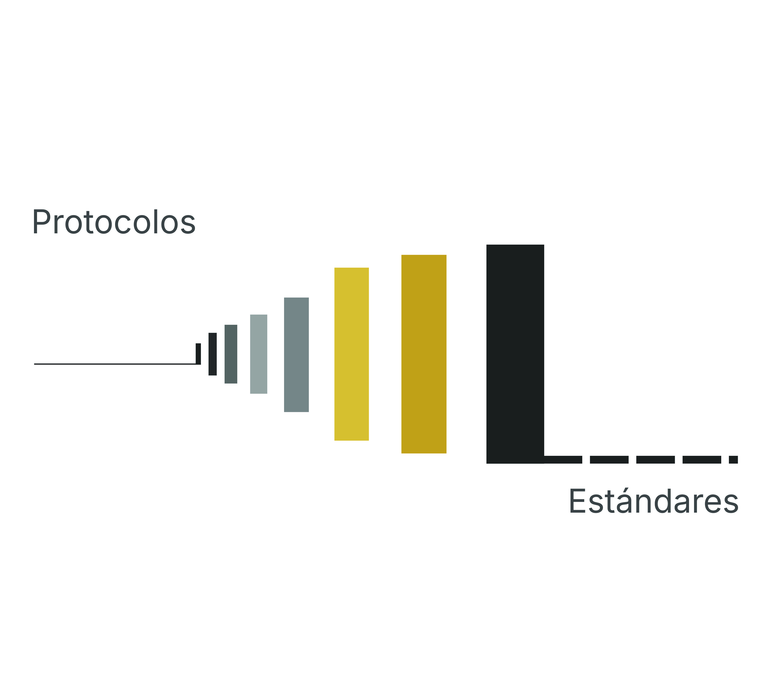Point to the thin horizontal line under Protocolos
click(x=115, y=364)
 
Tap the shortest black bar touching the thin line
click(x=198, y=354)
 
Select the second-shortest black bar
click(x=213, y=354)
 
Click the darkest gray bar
click(x=231, y=354)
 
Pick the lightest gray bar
click(x=259, y=354)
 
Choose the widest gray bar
click(x=296, y=355)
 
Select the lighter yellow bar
click(x=351, y=354)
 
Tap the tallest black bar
click(x=515, y=354)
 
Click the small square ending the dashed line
click(x=733, y=459)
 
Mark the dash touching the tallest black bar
click(x=563, y=459)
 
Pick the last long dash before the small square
click(x=702, y=459)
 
